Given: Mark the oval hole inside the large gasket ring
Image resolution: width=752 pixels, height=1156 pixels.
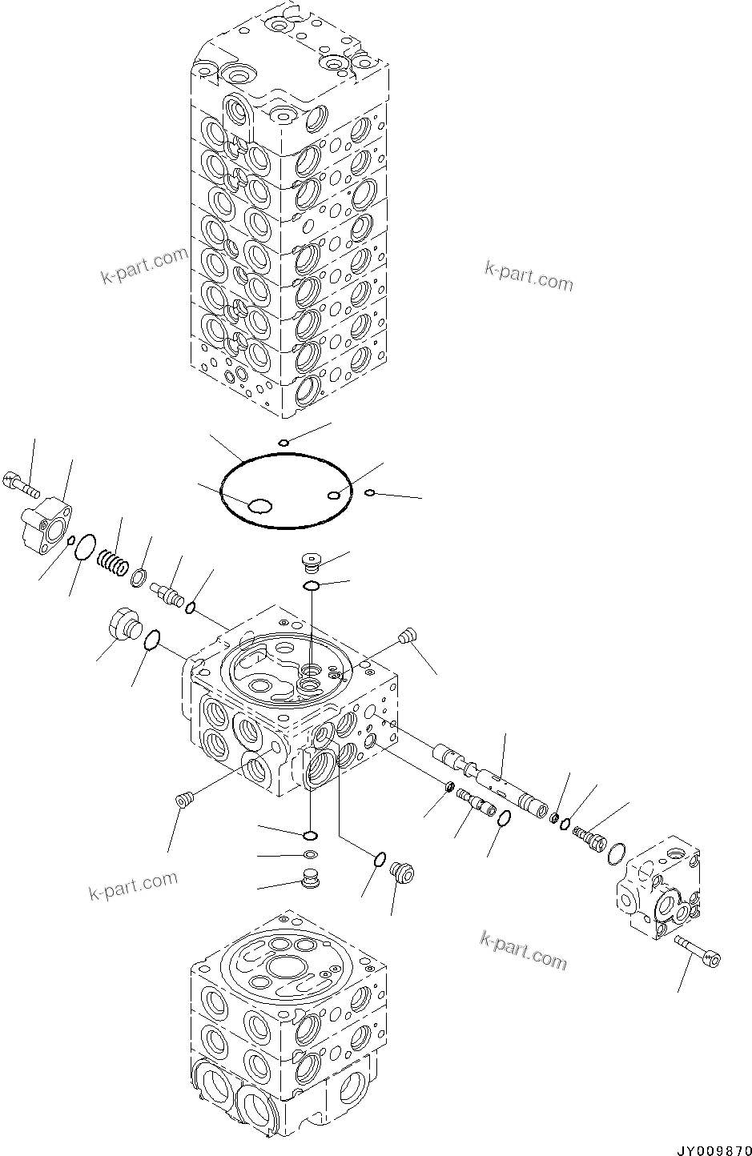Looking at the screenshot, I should click(x=259, y=505).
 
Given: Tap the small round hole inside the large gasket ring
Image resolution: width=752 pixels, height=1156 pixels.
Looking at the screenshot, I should click(x=334, y=496).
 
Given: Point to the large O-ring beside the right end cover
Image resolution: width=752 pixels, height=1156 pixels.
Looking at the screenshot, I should click(x=617, y=854).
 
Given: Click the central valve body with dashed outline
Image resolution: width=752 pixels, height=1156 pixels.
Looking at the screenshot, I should click(x=288, y=704).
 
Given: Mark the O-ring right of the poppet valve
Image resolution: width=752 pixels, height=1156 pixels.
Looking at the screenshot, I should click(x=190, y=610).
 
